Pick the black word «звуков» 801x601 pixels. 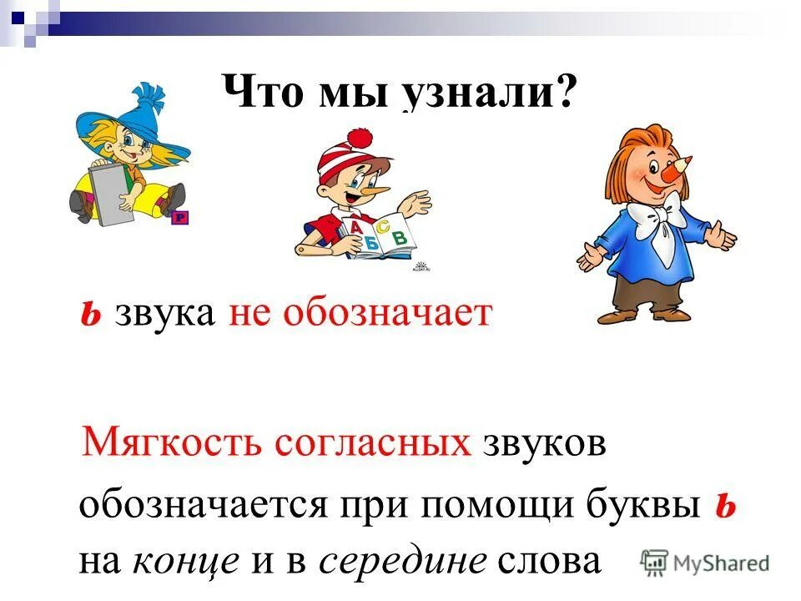(543, 442)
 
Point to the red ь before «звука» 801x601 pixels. (92, 316)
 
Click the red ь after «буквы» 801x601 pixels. (724, 507)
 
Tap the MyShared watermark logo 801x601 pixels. (706, 563)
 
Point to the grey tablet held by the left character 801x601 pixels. (113, 195)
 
